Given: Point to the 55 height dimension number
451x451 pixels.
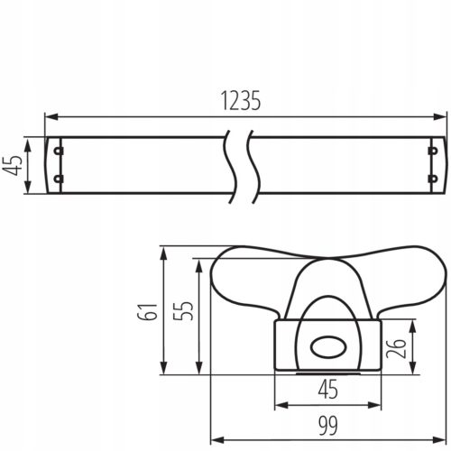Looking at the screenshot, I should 180,311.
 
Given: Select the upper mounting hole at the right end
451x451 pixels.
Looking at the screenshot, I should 433,151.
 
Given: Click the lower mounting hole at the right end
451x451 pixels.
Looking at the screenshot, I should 433,179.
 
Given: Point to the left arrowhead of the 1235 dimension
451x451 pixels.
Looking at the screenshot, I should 51,116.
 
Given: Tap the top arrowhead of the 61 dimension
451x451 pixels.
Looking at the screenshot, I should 162,252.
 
